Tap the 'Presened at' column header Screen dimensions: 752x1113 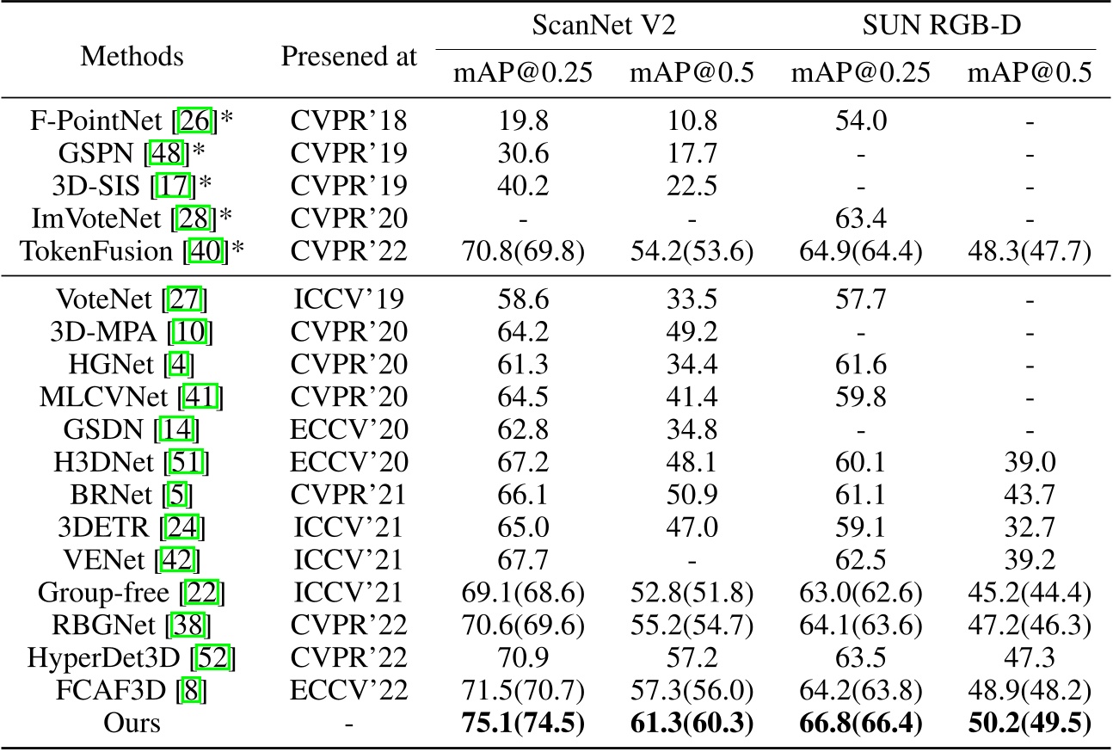(349, 57)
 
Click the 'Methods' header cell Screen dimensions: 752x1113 (132, 57)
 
